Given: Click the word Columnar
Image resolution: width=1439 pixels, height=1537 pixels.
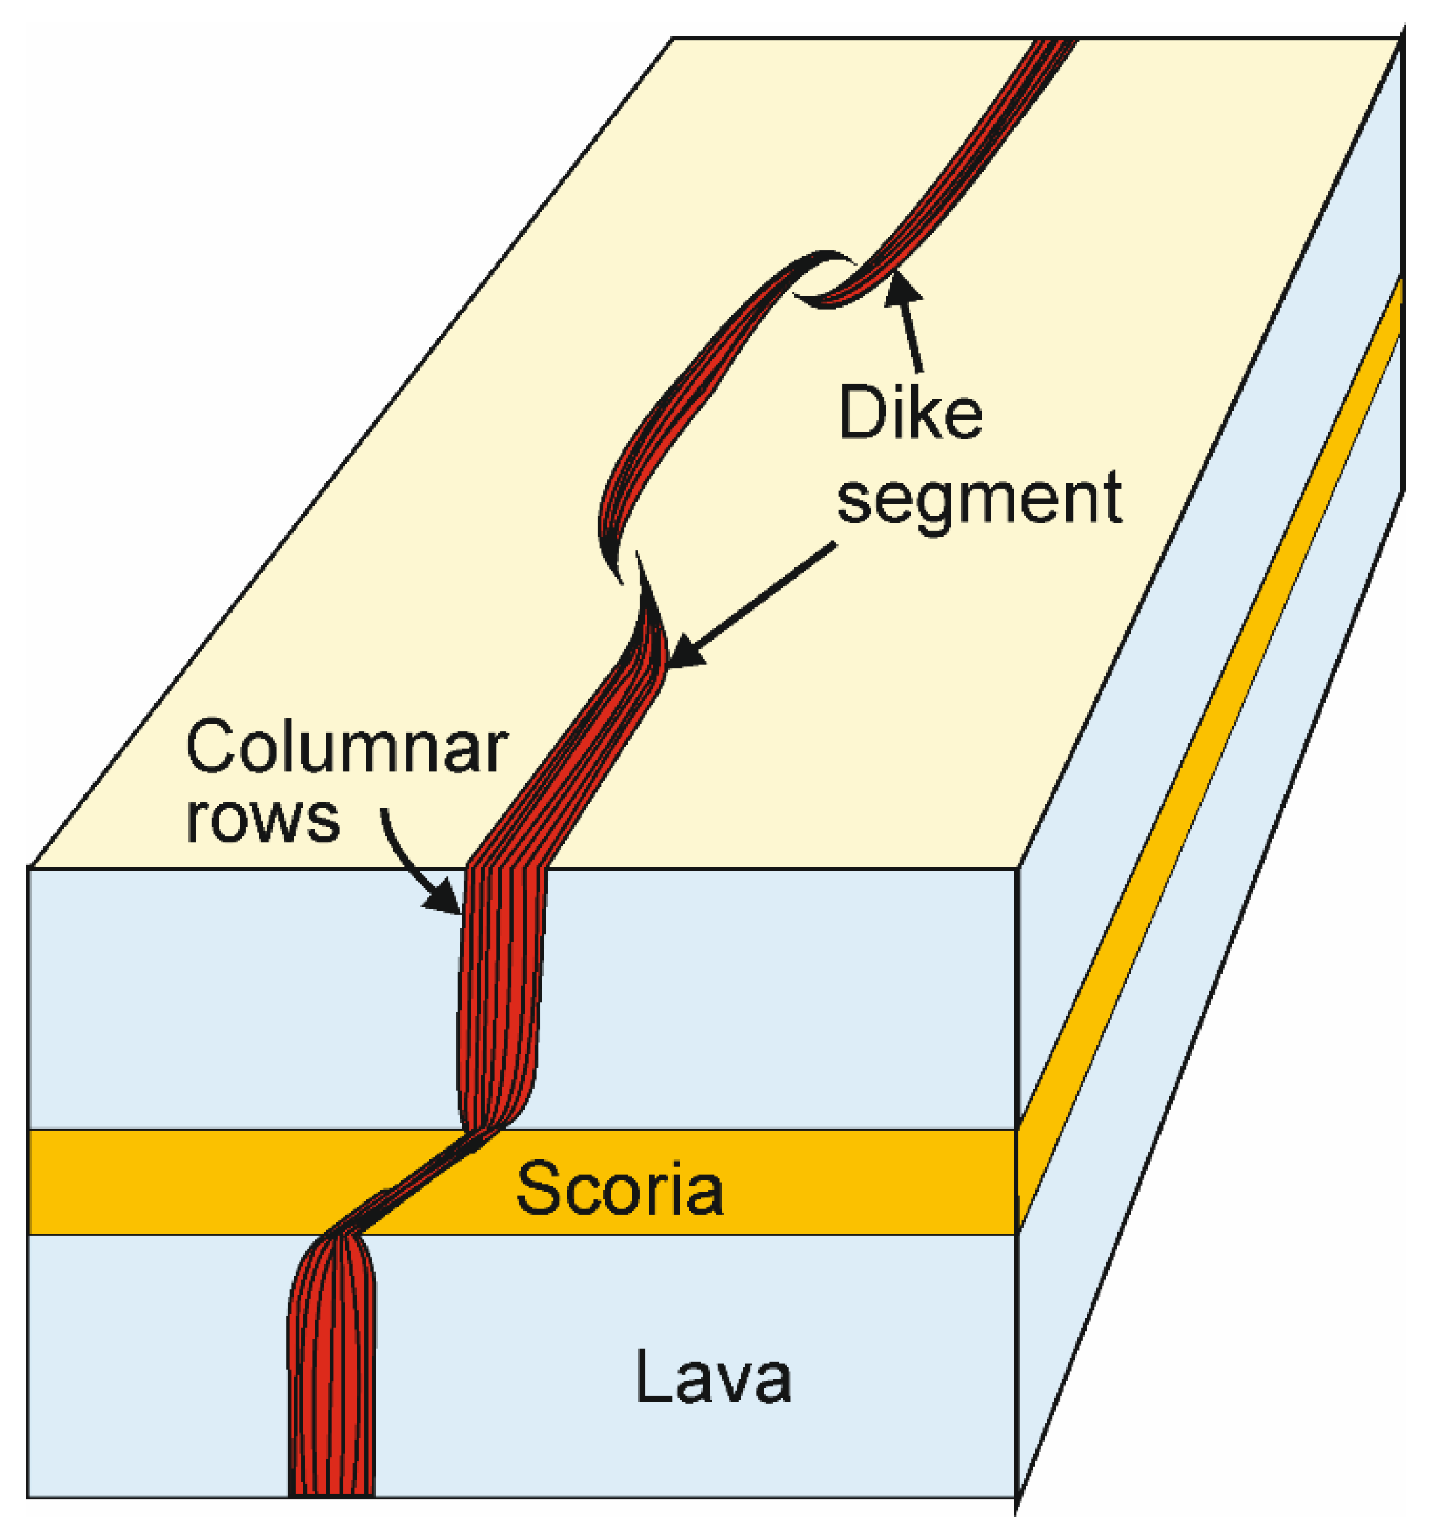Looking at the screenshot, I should (346, 747).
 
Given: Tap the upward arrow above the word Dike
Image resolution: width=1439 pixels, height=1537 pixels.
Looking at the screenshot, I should (908, 325).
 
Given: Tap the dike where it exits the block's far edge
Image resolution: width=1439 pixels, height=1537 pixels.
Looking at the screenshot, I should (1054, 45).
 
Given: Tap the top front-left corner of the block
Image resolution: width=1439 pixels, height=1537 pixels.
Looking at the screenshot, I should (29, 867).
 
